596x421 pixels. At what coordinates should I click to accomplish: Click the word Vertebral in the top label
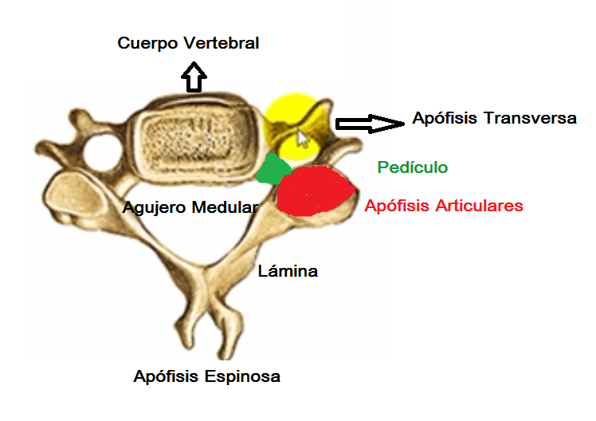click(x=222, y=43)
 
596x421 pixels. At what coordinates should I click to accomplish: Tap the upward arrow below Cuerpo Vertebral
click(x=194, y=77)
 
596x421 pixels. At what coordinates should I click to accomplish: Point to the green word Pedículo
click(x=412, y=167)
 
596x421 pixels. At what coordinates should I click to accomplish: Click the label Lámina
click(x=288, y=271)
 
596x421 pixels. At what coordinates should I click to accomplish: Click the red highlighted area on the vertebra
click(x=315, y=190)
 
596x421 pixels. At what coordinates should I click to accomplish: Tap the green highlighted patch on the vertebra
click(x=273, y=168)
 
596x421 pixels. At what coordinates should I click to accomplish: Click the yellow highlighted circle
click(x=293, y=124)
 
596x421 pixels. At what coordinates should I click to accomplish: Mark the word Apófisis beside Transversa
click(x=442, y=119)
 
